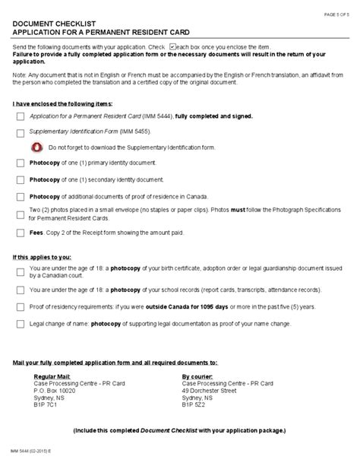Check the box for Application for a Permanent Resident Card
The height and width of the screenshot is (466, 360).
pyautogui.click(x=20, y=116)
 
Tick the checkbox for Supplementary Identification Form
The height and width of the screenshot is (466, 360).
pyautogui.click(x=20, y=132)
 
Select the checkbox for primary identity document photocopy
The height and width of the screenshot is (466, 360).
pyautogui.click(x=20, y=163)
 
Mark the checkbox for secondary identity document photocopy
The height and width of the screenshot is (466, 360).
pyautogui.click(x=20, y=179)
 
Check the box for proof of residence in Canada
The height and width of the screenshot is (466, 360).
pyautogui.click(x=20, y=195)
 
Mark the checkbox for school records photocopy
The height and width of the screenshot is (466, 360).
pyautogui.click(x=20, y=290)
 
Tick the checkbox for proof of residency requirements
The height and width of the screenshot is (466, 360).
pyautogui.click(x=20, y=306)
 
